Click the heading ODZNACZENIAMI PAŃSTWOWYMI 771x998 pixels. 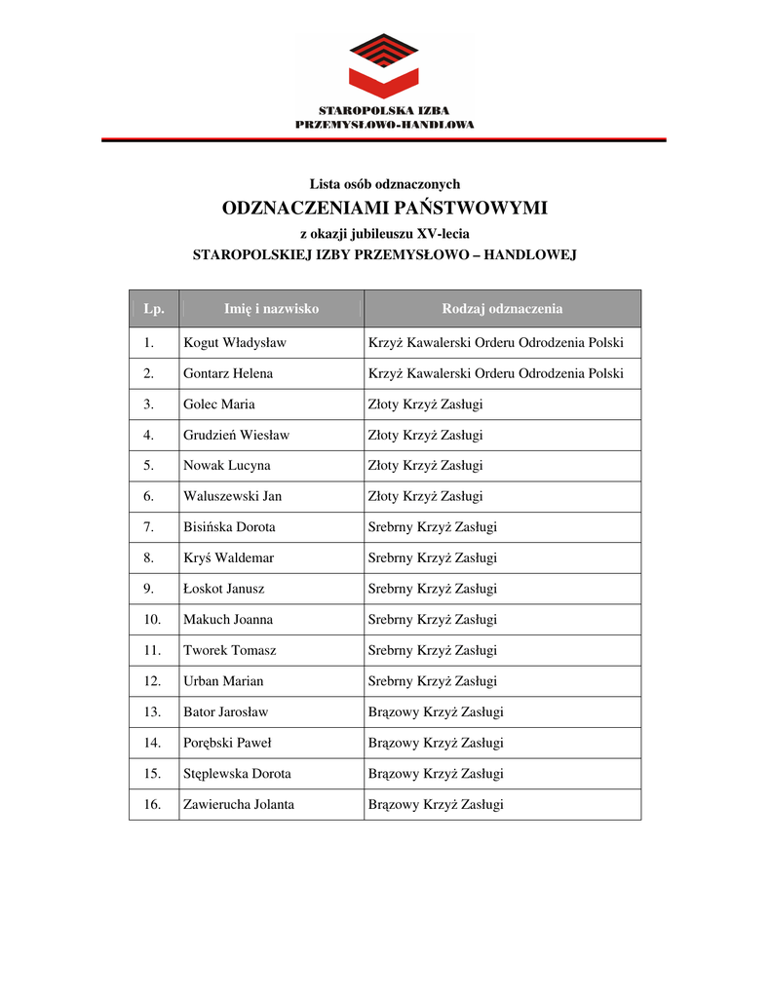coord(385,209)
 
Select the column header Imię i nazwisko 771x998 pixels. coord(271,309)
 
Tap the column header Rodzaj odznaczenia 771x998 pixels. coord(502,309)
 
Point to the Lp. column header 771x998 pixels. coord(154,309)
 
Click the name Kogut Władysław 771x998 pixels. coord(235,343)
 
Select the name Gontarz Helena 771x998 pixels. coord(228,373)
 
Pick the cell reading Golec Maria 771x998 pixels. coord(219,404)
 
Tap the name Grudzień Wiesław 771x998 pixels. coord(236,435)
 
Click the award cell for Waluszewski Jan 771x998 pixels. coord(425,496)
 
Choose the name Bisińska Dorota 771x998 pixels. coord(229,527)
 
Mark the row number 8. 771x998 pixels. coord(149,558)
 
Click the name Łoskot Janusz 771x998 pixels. coord(224,589)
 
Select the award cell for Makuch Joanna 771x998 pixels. coord(432,620)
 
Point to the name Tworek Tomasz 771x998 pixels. coord(230,650)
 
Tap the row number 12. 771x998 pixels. coord(152,681)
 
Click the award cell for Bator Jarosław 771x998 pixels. coord(436,712)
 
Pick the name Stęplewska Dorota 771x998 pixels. coord(237,774)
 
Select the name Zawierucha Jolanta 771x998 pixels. coord(239,805)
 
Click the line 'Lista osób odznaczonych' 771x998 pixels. coord(385,183)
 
